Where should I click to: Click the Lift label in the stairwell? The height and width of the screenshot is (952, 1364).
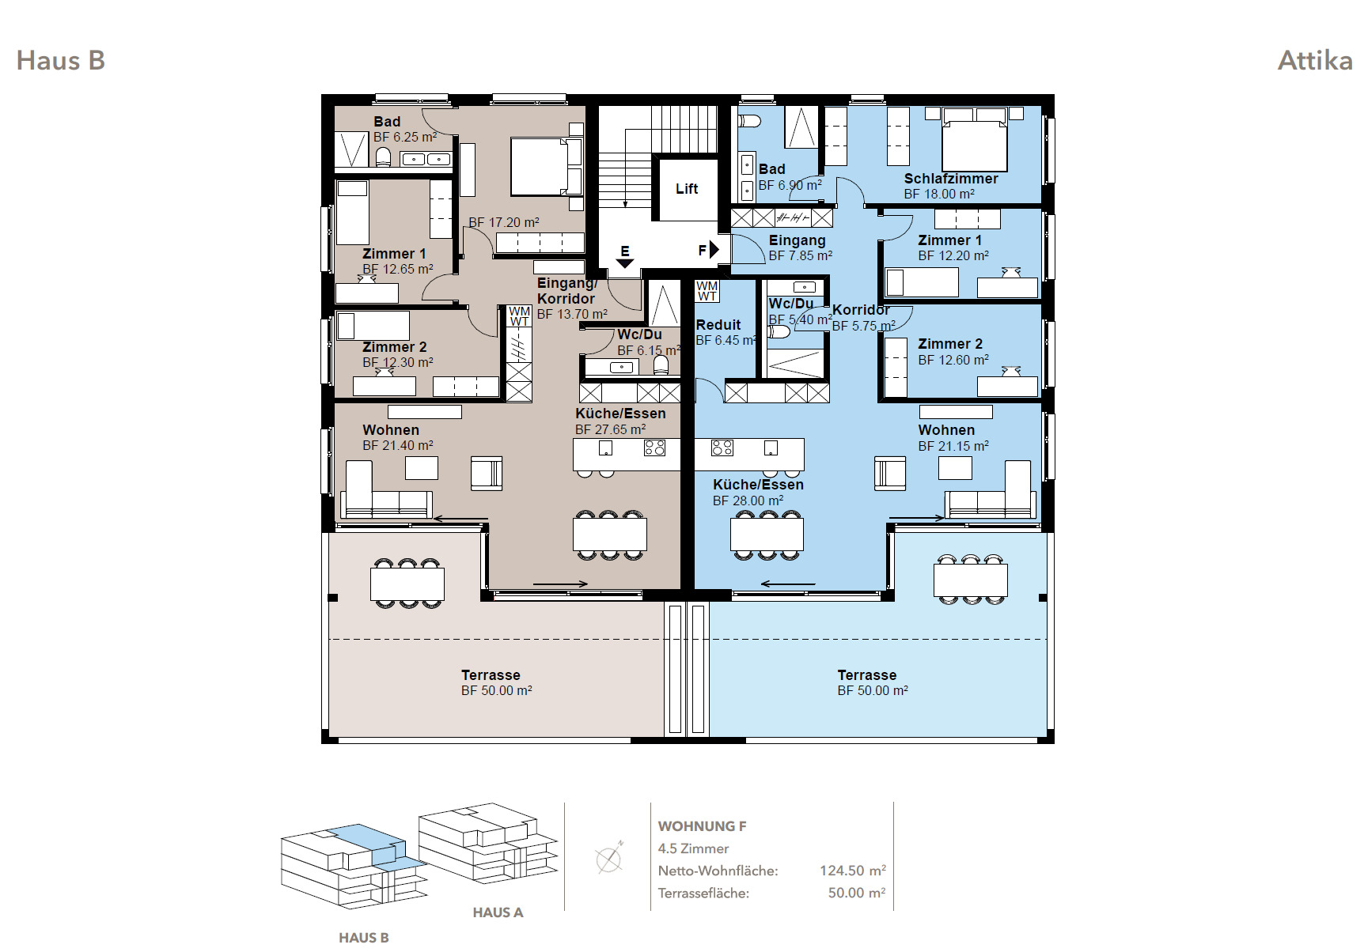coord(687,189)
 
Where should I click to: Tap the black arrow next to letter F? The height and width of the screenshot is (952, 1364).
coord(714,250)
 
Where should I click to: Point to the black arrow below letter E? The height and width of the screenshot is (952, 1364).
coord(625,263)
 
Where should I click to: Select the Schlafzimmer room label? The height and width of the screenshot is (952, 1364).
coord(951,179)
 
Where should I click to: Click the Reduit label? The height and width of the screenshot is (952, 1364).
coord(718,325)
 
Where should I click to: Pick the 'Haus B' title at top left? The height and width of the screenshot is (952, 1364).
coord(61,61)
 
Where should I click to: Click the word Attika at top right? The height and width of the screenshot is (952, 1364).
coord(1315,61)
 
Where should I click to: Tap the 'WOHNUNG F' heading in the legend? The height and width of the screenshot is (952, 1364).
coord(702,826)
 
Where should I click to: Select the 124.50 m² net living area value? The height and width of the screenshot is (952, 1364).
coord(853,871)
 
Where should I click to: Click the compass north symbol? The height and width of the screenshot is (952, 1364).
coord(608,859)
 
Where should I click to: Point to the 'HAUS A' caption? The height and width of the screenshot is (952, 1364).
coord(498,912)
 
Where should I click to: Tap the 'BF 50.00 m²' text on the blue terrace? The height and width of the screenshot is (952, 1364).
coord(873,691)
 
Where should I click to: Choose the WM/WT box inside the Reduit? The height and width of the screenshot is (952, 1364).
coord(707,291)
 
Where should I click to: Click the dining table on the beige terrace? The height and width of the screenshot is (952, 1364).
coord(407,584)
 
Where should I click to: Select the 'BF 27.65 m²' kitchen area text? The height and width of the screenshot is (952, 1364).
coord(610,430)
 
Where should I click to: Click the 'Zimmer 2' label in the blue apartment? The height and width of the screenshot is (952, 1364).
coord(950,344)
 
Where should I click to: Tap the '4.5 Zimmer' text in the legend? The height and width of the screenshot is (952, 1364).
coord(693,848)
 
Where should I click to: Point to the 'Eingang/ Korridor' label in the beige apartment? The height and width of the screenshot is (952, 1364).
coord(566,291)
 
